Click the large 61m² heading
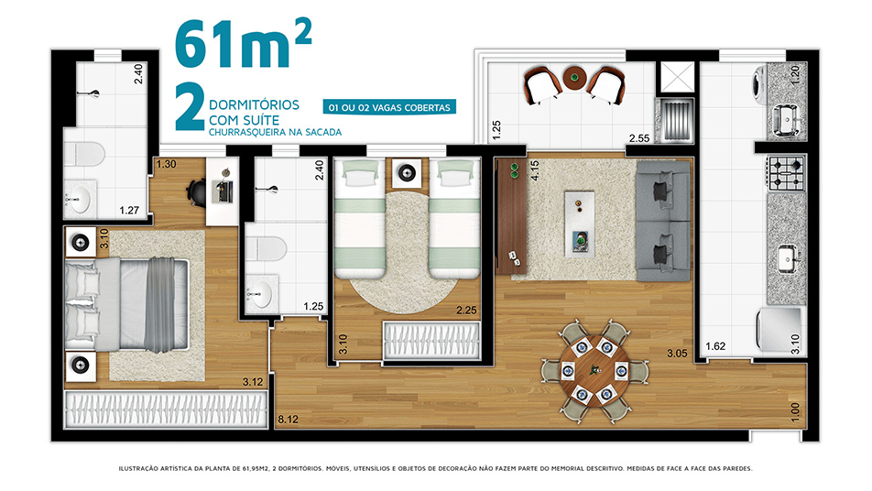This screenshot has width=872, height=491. [243, 45]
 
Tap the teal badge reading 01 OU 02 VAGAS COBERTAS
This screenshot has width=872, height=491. [389, 107]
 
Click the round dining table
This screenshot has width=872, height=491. [595, 370]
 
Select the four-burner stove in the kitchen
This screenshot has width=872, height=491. [787, 173]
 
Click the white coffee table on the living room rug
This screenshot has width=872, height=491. [580, 224]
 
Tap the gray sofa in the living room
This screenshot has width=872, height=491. [664, 221]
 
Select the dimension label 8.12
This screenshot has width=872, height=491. [288, 420]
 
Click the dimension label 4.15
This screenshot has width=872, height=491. [535, 170]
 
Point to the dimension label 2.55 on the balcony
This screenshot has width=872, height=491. [639, 138]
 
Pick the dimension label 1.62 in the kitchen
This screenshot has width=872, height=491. [715, 346]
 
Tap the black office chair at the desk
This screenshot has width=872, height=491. [196, 191]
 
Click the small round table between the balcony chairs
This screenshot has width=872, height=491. [574, 78]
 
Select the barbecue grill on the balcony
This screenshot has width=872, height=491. [674, 119]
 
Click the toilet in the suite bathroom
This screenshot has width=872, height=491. [84, 154]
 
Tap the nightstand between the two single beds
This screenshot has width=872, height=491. [407, 173]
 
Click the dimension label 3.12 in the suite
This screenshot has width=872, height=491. [253, 381]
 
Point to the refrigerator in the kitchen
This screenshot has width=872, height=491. [779, 329]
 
